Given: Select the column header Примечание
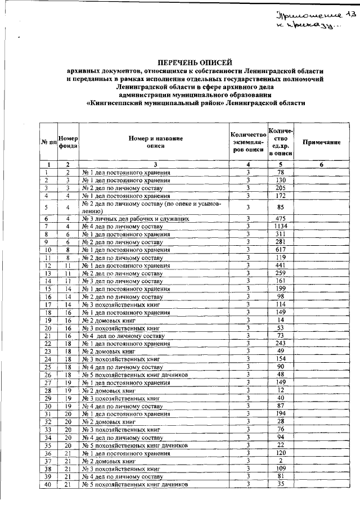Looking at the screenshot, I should click(322, 143).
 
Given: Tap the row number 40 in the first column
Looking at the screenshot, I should click(49, 484).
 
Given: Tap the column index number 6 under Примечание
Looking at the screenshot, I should click(322, 164).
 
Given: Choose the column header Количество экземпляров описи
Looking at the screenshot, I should click(247, 143).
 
